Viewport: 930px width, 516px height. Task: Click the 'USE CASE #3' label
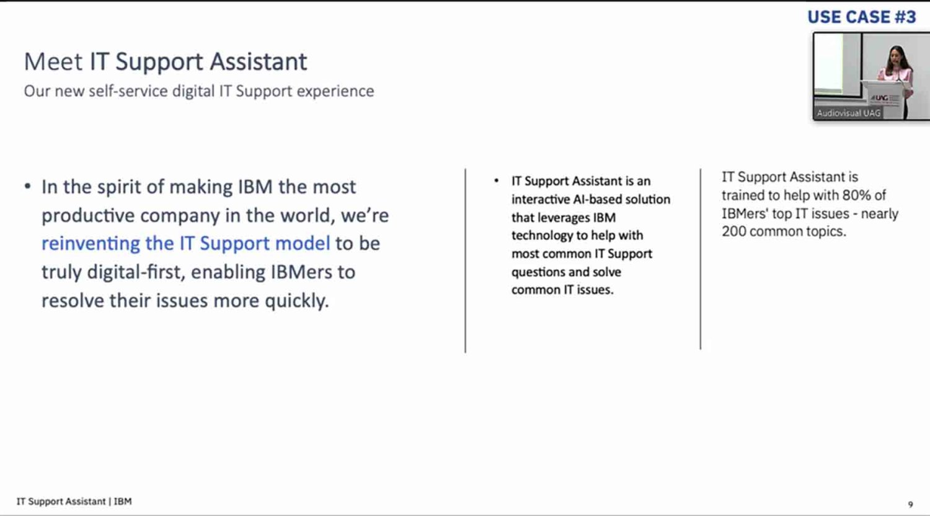862,17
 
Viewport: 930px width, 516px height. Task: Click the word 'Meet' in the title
53,62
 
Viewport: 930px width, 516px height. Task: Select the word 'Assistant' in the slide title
259,62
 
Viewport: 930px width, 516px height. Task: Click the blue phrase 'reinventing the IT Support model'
185,244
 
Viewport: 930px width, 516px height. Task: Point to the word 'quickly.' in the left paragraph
297,301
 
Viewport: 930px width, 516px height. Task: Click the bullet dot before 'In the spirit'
28,187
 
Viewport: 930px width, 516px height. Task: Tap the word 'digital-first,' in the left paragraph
136,272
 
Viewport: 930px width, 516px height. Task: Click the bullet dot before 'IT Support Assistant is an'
496,180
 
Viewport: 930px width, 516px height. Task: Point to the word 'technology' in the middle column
541,236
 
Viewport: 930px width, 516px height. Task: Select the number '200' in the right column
734,231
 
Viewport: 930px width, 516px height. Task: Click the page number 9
911,504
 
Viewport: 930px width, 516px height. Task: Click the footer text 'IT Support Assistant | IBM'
74,502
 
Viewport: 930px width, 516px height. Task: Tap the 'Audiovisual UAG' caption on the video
848,113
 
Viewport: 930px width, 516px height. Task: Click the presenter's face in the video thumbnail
896,56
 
